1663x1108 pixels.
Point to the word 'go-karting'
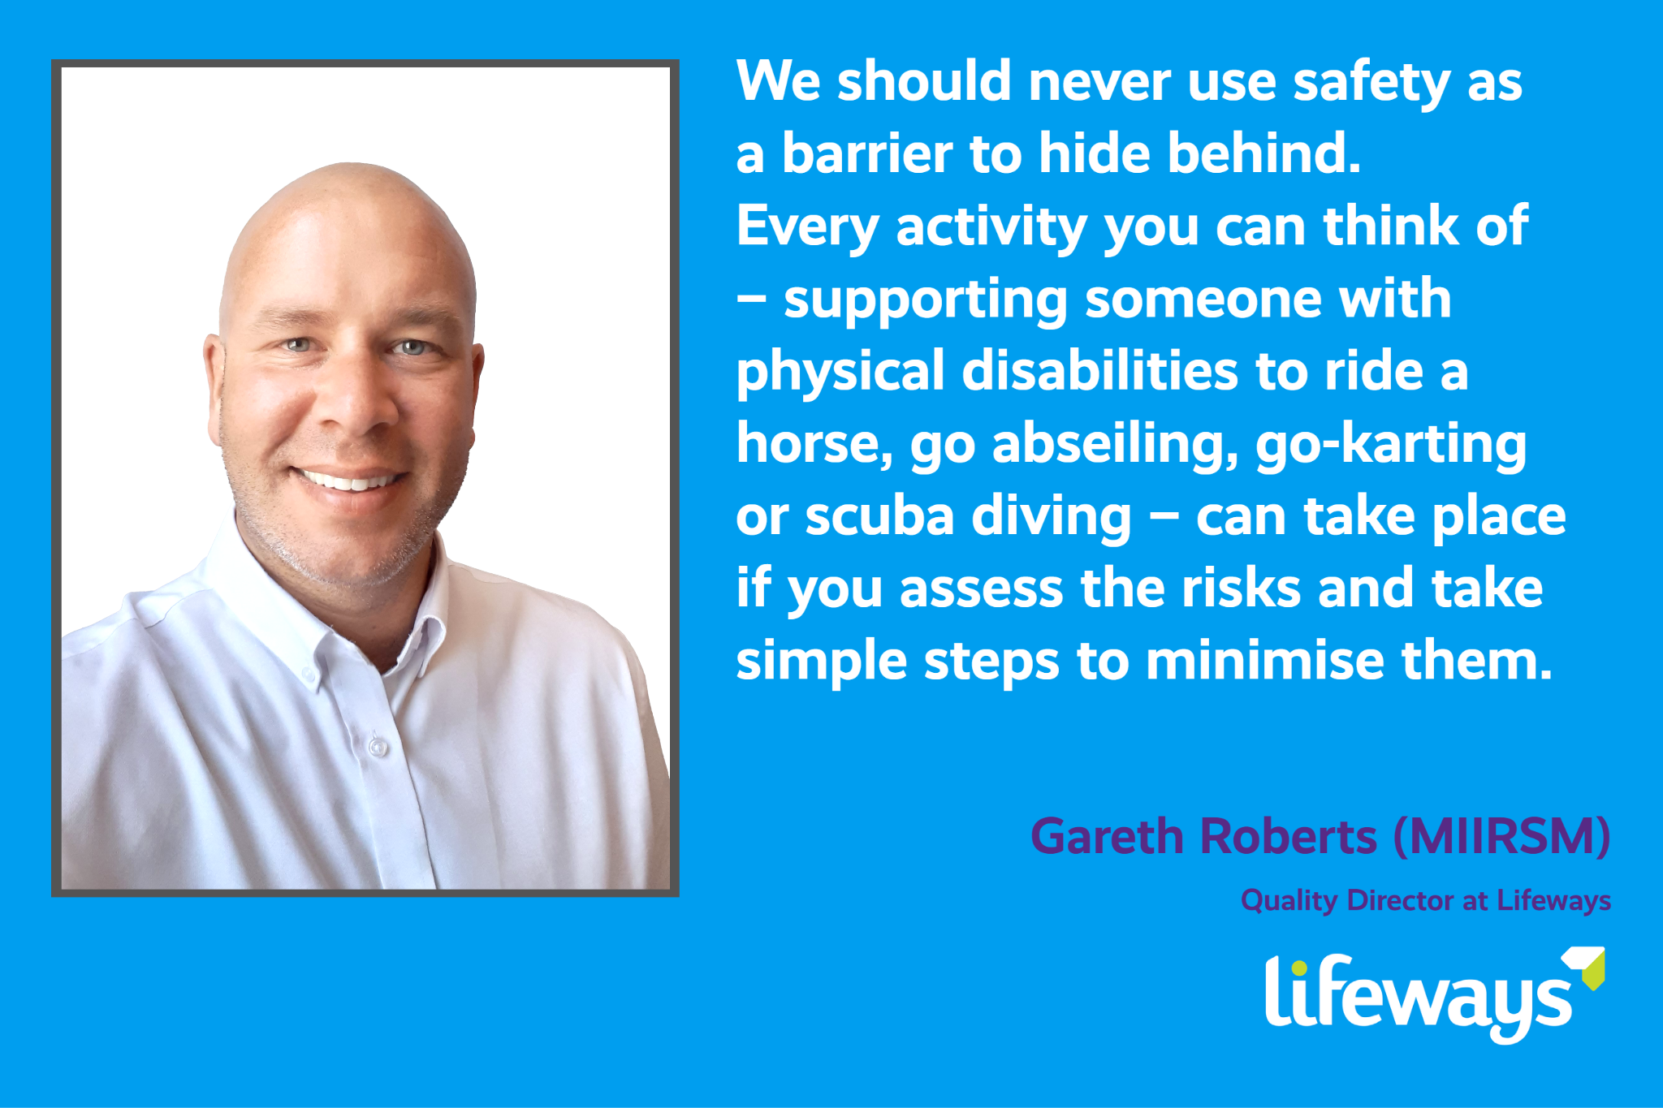point(1391,445)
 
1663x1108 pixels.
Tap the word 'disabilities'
point(1099,372)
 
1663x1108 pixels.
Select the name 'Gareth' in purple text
point(1107,837)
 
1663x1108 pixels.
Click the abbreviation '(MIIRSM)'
point(1501,837)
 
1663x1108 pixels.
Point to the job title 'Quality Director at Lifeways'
point(1425,901)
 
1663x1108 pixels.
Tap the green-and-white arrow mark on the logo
point(1588,966)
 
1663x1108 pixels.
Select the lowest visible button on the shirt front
point(378,745)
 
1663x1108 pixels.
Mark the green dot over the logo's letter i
point(1299,968)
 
